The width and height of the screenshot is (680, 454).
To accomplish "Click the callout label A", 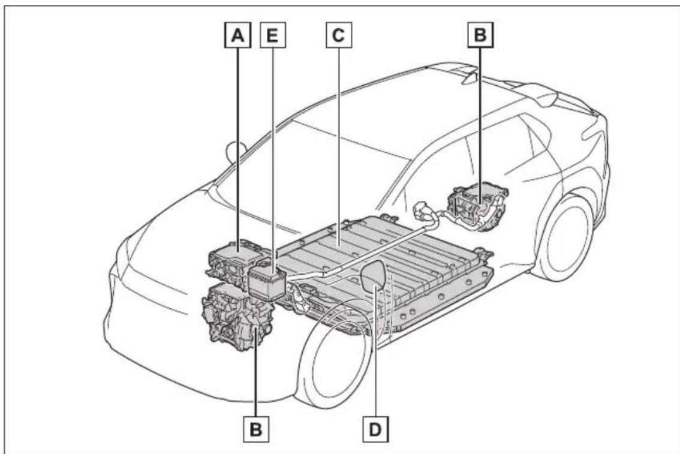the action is (x=237, y=35).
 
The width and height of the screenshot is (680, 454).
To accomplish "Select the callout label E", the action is (x=272, y=35).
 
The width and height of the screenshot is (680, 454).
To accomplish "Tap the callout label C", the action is (x=339, y=35).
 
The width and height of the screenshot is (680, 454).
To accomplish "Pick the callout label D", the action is (x=375, y=429).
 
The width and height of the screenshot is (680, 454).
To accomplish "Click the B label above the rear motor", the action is (x=480, y=35).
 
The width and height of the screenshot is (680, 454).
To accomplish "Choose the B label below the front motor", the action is (x=256, y=429).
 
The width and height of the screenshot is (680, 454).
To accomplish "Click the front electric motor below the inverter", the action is (x=236, y=317).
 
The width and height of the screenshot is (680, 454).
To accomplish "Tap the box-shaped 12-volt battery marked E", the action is (x=267, y=282).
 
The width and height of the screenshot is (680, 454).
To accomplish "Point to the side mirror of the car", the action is (x=236, y=153).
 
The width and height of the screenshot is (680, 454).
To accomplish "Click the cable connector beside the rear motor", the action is (x=426, y=212).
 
